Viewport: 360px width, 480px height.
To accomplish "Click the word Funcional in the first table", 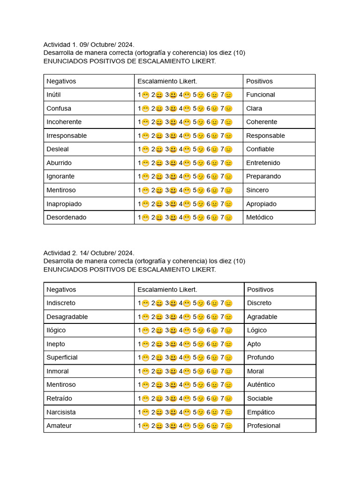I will click(260, 95).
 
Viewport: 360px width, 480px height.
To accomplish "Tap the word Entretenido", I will click(263, 163).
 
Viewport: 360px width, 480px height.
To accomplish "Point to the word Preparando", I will click(263, 176).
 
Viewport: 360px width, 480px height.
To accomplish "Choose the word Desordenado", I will click(67, 217).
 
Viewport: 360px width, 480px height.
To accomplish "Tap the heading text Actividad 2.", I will click(59, 253).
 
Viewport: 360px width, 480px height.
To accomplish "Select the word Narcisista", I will click(61, 412).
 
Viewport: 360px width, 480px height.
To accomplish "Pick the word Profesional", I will click(263, 426).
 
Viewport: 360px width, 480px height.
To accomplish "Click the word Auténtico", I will click(261, 385).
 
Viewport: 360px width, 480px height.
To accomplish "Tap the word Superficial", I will click(62, 357).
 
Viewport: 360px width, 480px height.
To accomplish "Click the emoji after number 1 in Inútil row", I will click(145, 95).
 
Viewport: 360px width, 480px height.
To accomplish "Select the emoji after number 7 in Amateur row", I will click(228, 426).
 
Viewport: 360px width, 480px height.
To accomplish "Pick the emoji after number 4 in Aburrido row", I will click(187, 163).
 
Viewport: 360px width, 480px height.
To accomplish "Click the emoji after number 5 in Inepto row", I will click(201, 344).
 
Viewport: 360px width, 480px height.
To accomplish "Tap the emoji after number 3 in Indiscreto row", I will click(173, 303).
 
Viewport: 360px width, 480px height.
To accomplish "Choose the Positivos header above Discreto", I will click(260, 290).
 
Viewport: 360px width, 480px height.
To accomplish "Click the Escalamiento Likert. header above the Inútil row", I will click(167, 81).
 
